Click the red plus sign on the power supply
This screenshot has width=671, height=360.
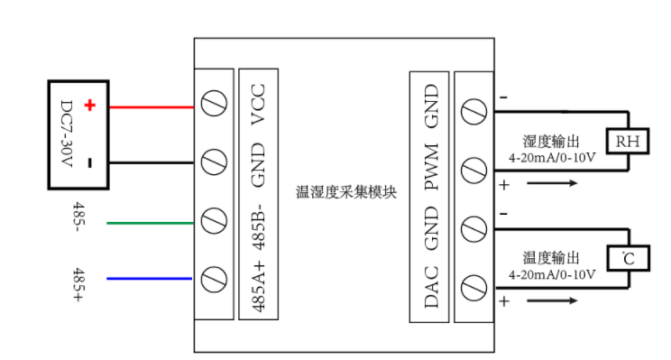(89, 106)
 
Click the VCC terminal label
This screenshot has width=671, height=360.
(258, 105)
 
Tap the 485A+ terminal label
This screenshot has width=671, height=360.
(258, 287)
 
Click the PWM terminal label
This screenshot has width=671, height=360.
(431, 166)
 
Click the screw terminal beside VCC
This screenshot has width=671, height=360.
(214, 106)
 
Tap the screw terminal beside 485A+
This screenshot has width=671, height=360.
(214, 278)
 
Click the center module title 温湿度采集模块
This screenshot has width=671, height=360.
(345, 192)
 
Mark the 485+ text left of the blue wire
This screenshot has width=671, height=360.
(78, 279)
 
